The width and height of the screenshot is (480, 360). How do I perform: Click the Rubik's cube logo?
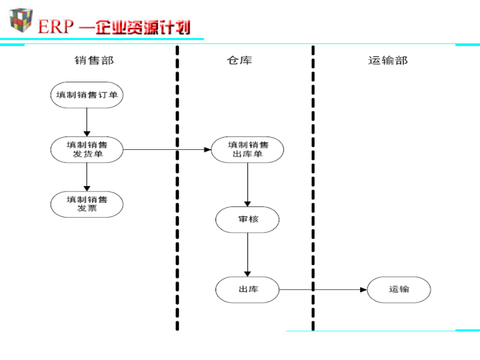click(21, 20)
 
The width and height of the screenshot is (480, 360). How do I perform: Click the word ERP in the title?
click(55, 27)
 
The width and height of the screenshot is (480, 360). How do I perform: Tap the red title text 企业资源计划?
click(143, 28)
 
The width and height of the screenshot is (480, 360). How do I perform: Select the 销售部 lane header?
click(94, 60)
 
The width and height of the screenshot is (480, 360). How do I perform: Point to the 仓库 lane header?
click(239, 60)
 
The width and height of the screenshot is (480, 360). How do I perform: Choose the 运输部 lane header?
click(388, 60)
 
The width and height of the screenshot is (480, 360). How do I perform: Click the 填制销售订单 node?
click(87, 95)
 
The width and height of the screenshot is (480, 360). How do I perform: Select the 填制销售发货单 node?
click(87, 150)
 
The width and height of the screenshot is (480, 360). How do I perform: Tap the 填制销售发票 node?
click(87, 204)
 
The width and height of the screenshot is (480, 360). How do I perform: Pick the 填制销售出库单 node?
click(247, 150)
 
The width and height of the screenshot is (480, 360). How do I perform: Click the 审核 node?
click(247, 220)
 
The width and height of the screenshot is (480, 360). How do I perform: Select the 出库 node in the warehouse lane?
click(247, 290)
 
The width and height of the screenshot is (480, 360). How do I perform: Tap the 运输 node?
click(399, 290)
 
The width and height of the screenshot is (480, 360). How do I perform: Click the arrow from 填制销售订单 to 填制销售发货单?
click(87, 122)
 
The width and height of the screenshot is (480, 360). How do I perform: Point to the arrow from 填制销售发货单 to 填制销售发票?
click(87, 177)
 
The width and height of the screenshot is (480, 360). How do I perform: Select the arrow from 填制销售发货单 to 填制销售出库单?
click(167, 150)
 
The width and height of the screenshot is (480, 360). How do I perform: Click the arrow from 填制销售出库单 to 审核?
click(247, 185)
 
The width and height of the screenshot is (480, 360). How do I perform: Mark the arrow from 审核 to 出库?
click(247, 255)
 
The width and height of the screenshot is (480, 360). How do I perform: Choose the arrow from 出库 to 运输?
click(323, 290)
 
